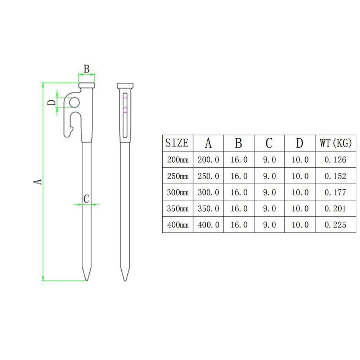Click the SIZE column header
point(177,143)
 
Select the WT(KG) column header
point(335,143)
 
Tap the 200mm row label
point(177,159)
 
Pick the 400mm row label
point(177,225)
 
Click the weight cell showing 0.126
point(335,159)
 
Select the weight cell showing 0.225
point(335,225)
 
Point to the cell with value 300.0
point(208,192)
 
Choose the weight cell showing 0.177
point(335,192)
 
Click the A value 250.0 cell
point(208,176)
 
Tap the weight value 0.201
point(335,208)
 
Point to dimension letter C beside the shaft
point(86,198)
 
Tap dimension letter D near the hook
point(52,102)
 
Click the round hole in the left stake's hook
point(74,103)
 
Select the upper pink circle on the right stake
point(125,96)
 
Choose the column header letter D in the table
point(300,143)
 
